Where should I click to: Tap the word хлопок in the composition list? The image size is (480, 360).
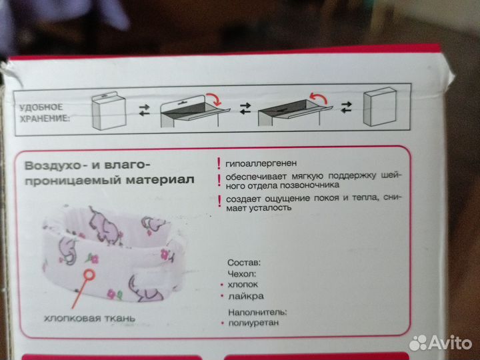[243, 284]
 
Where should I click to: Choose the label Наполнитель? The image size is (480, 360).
[257, 311]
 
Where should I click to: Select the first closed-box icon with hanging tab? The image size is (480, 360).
[107, 110]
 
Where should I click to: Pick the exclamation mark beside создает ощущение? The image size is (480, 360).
[217, 199]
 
